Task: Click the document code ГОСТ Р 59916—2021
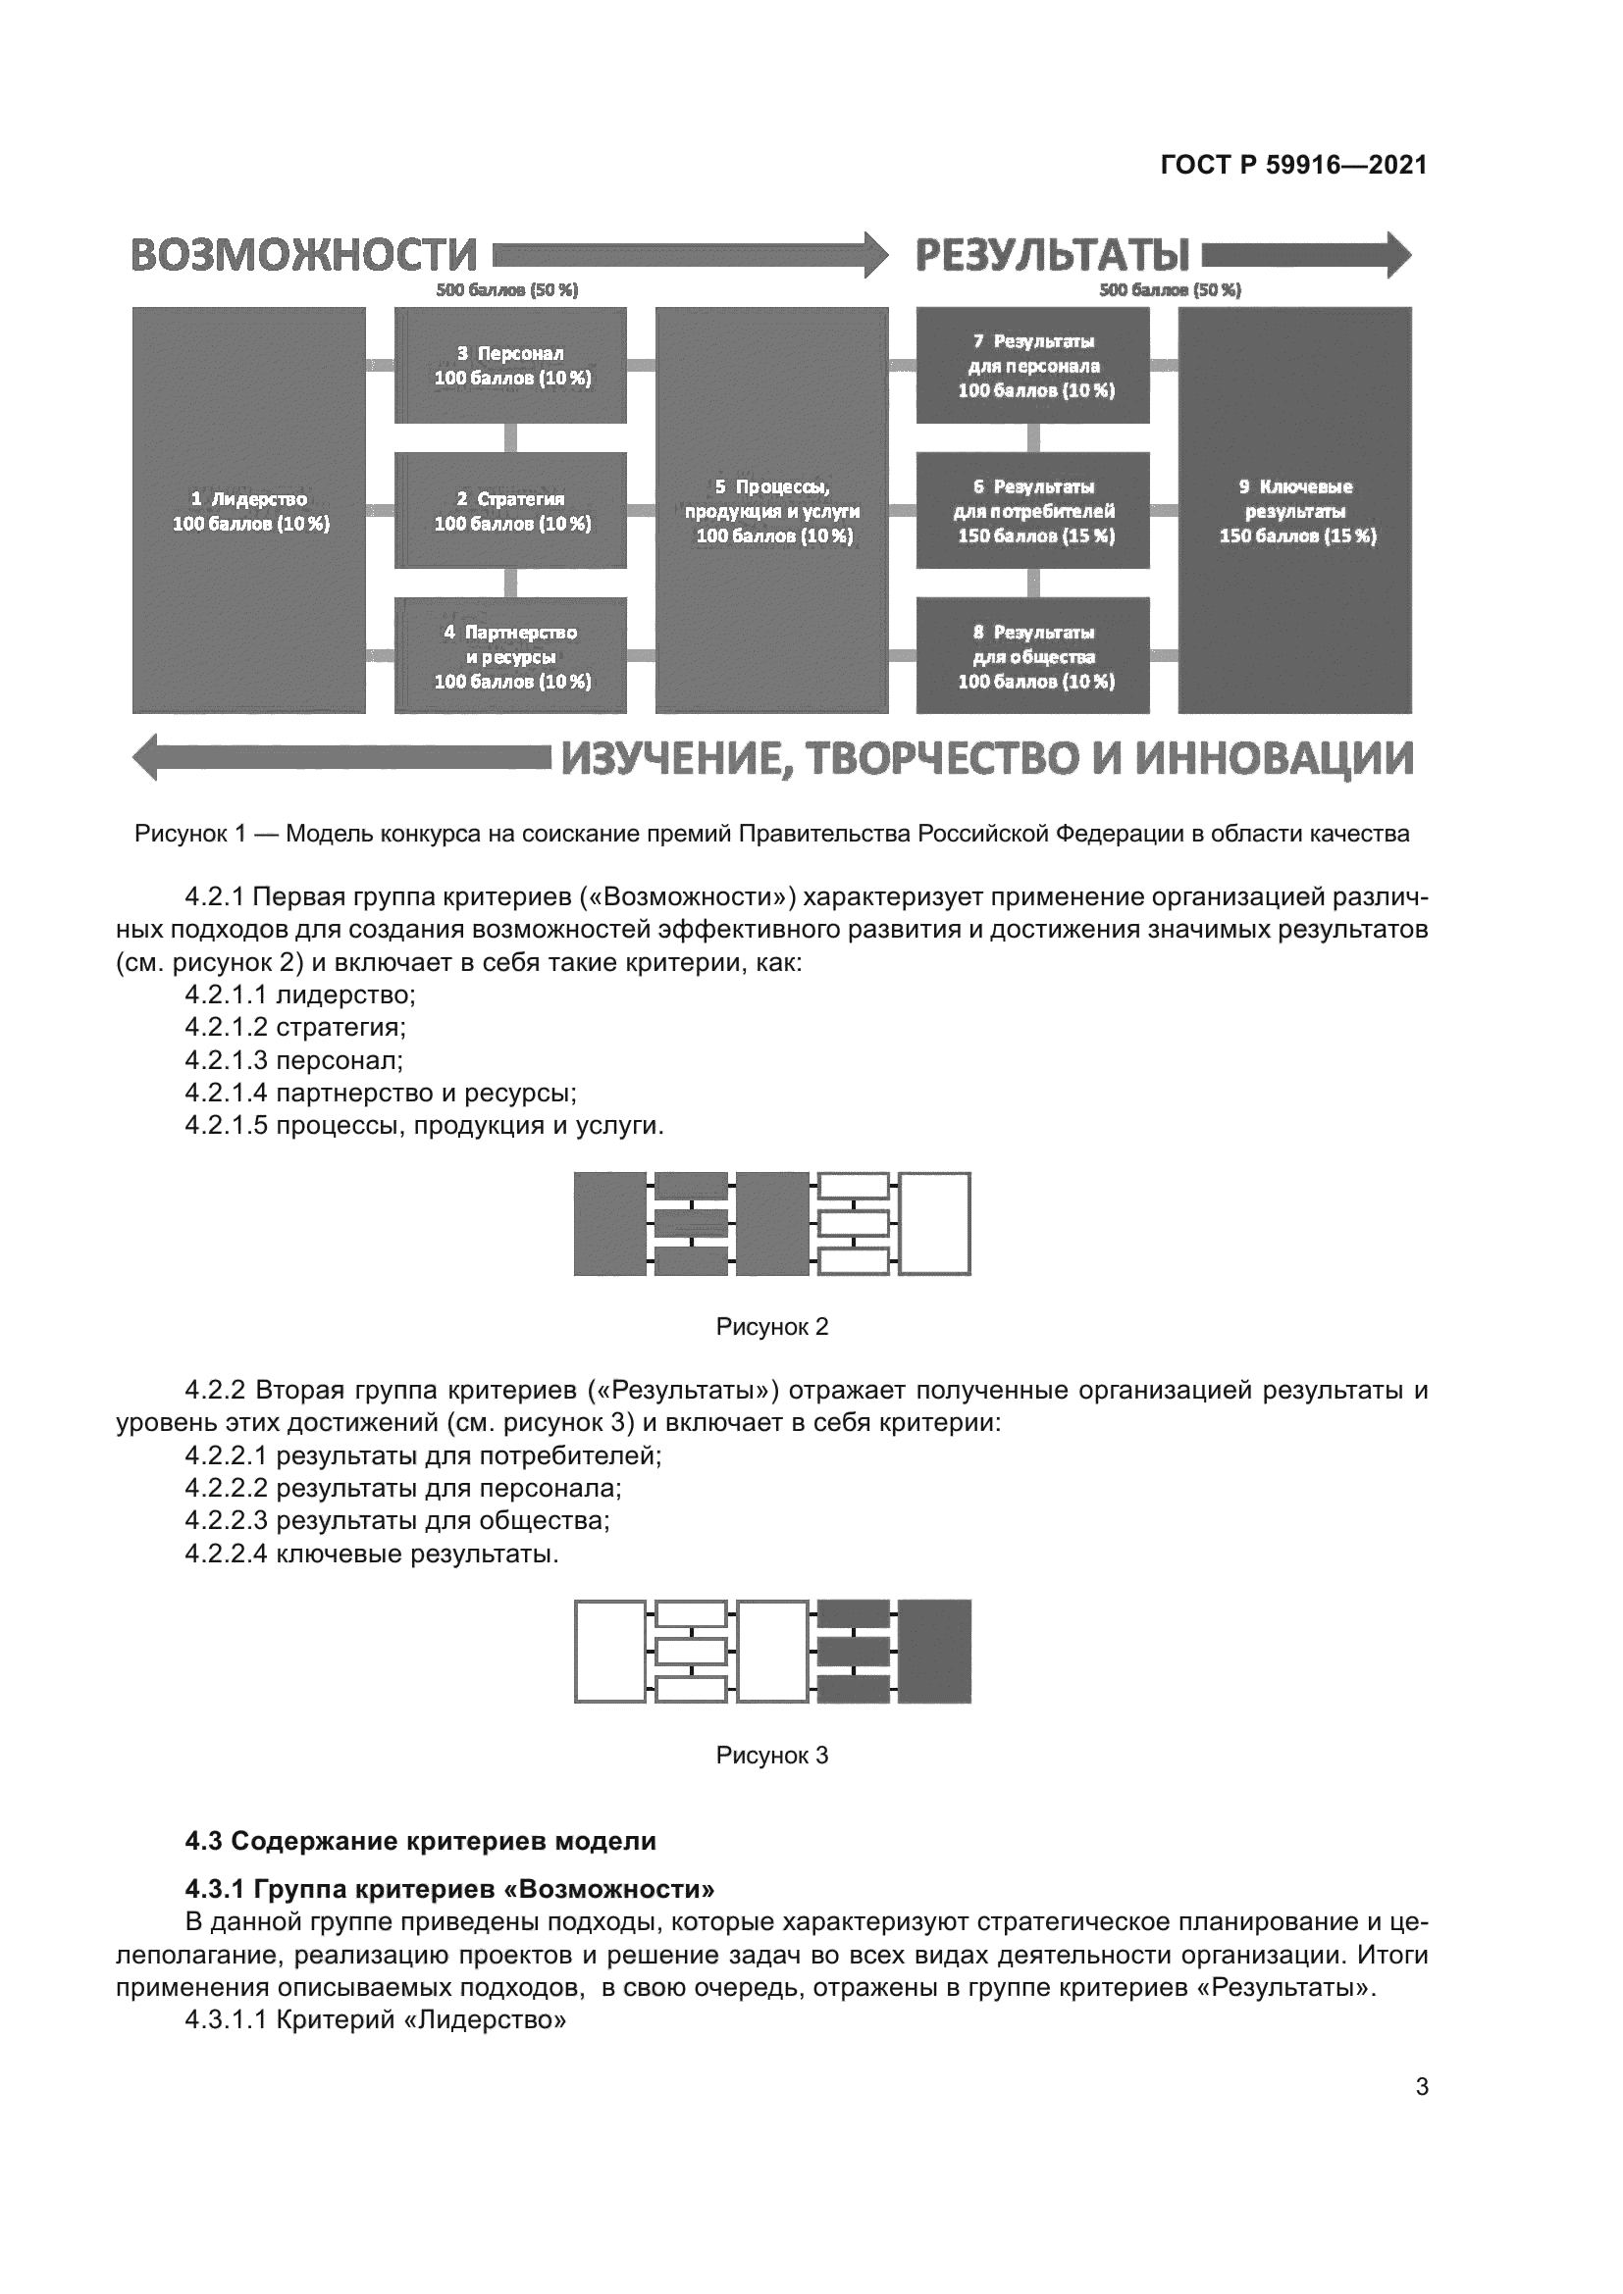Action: (x=1293, y=165)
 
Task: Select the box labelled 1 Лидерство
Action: (x=249, y=511)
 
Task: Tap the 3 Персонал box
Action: (x=510, y=366)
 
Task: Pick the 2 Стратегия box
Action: (x=510, y=511)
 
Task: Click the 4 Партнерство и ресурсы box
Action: (x=510, y=656)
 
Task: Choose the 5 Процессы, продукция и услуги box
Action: (x=771, y=511)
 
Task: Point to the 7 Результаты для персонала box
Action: (x=1033, y=366)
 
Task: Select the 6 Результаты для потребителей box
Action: (x=1033, y=511)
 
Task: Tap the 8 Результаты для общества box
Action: (x=1033, y=656)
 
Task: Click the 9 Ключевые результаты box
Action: (x=1295, y=511)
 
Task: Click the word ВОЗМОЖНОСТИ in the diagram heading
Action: (x=304, y=256)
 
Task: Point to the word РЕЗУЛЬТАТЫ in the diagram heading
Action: (x=1052, y=256)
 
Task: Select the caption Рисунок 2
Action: (x=771, y=1327)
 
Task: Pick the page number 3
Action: (x=1421, y=2087)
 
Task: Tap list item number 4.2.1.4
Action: (x=226, y=1093)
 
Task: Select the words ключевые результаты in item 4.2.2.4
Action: (x=416, y=1554)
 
